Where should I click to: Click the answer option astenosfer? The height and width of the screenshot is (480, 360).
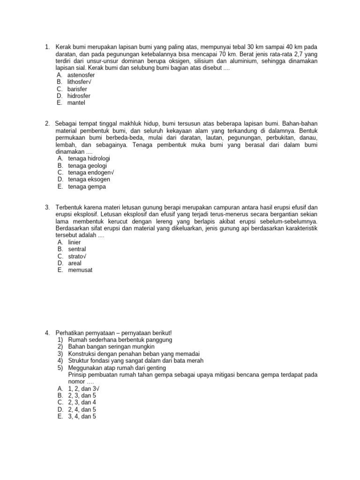(81, 75)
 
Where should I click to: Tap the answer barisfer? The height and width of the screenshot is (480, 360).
(77, 89)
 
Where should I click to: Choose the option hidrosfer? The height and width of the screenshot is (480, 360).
(79, 96)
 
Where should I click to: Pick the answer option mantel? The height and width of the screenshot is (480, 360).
(76, 103)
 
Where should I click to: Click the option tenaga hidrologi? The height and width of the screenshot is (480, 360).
(89, 159)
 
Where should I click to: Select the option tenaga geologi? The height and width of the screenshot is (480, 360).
(87, 165)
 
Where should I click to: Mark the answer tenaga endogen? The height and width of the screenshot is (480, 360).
(91, 172)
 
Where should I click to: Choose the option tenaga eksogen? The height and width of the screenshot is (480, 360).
(89, 180)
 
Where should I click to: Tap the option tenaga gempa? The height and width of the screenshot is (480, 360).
(87, 187)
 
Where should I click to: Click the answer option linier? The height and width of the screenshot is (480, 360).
(75, 242)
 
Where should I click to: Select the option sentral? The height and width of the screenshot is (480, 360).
(77, 249)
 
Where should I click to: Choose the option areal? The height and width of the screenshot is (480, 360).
(75, 263)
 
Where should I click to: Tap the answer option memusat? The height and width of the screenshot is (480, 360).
(80, 270)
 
